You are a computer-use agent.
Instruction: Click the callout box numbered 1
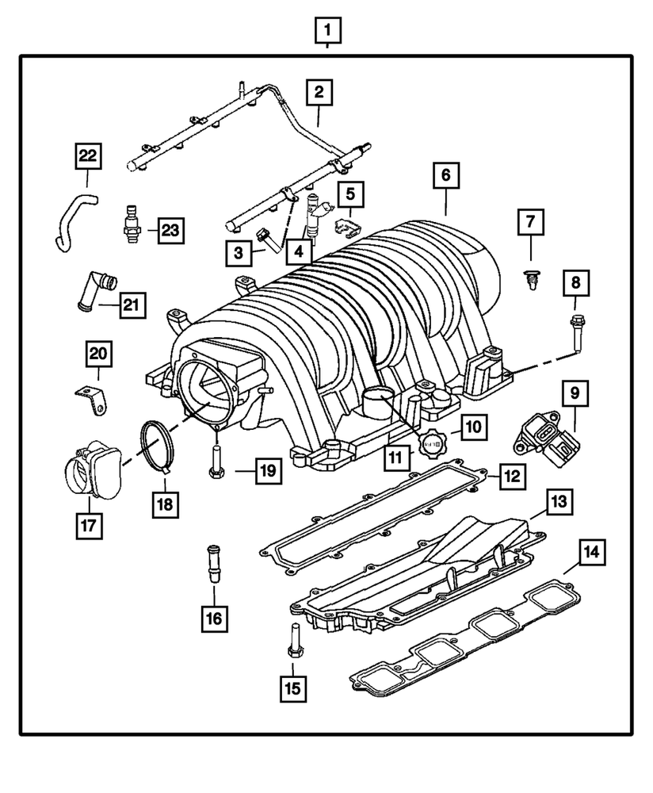327,32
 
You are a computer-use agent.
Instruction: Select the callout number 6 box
445,174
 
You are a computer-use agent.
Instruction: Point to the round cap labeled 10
433,442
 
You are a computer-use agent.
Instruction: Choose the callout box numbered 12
511,476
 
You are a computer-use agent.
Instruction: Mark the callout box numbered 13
559,502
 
